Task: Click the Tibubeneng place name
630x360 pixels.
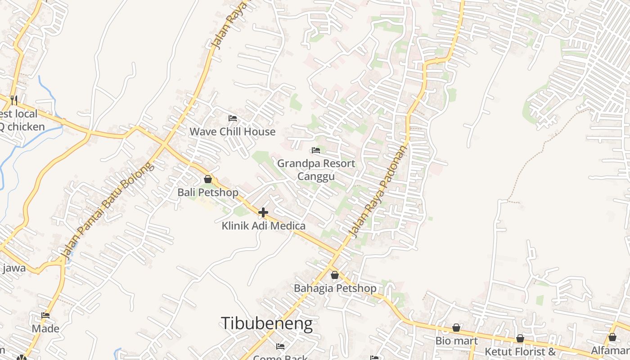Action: click(x=266, y=324)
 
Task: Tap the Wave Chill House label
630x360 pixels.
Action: click(x=232, y=132)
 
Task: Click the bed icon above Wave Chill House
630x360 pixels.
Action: click(x=233, y=118)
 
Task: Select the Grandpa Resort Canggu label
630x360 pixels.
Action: click(x=316, y=170)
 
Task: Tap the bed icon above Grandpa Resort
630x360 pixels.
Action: click(x=316, y=150)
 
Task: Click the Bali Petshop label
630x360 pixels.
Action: click(x=208, y=193)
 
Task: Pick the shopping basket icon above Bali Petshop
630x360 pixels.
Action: click(x=208, y=179)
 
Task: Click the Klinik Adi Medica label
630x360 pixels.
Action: click(x=263, y=226)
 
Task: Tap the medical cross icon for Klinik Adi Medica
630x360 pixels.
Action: click(x=263, y=212)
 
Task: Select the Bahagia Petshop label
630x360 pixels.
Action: click(x=335, y=288)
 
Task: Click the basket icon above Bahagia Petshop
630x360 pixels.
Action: click(x=335, y=275)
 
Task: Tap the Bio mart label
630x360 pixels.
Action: click(x=456, y=341)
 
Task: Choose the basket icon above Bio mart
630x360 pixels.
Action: click(x=456, y=328)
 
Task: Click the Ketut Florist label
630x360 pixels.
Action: click(x=520, y=351)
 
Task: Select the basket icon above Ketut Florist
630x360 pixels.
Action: click(x=520, y=338)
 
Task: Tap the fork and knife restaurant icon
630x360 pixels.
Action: click(x=13, y=99)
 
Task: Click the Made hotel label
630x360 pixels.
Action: click(x=45, y=328)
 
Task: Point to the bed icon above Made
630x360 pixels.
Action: click(x=45, y=315)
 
